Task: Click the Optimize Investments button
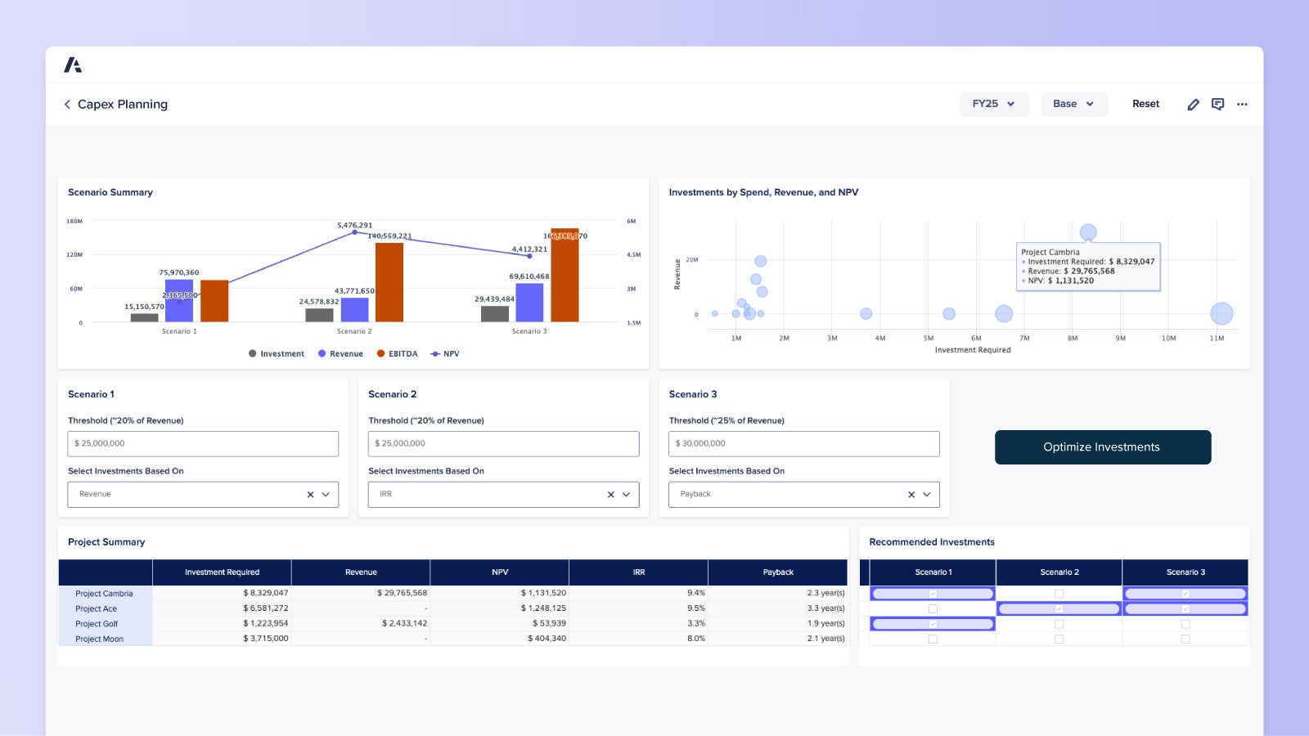click(1102, 447)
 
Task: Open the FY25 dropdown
click(993, 104)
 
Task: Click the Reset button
click(1145, 104)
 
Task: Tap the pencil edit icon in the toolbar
click(1193, 105)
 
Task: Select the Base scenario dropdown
click(1073, 104)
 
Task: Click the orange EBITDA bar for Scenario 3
click(565, 278)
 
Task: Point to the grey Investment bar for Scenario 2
click(319, 315)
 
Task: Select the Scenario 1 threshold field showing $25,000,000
click(203, 443)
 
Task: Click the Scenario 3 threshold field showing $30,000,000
click(803, 443)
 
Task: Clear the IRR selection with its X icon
click(610, 495)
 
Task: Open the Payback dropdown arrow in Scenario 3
click(927, 495)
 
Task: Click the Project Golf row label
click(97, 624)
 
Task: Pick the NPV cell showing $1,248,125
click(543, 608)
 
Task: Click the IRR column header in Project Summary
click(638, 572)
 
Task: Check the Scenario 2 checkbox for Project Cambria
click(1059, 594)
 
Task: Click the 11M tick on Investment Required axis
click(1217, 338)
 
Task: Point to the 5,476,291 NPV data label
click(354, 225)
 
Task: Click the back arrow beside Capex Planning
click(67, 105)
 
